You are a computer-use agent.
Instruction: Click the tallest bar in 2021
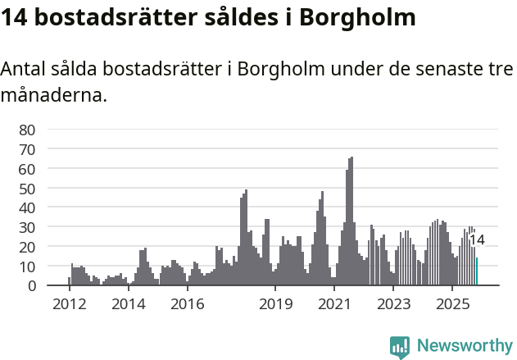tap(351, 221)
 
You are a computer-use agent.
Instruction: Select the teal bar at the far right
tap(477, 271)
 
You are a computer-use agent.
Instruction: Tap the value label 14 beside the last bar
tap(477, 240)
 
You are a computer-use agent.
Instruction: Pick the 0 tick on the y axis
tap(31, 285)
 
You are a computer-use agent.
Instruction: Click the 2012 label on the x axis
tap(69, 303)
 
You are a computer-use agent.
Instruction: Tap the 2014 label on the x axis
tap(128, 303)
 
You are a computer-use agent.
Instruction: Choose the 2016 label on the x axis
tap(188, 303)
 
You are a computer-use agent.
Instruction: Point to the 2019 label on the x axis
tap(275, 303)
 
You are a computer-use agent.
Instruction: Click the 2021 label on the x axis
tap(334, 303)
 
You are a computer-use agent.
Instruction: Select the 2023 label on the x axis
tap(393, 303)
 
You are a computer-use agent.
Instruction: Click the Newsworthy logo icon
tap(400, 346)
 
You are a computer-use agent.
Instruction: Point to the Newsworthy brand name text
tap(465, 346)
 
